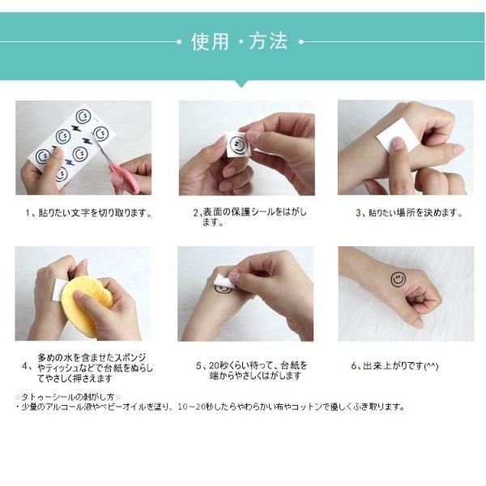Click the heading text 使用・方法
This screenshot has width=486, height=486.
239,41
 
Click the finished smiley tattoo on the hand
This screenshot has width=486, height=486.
398,279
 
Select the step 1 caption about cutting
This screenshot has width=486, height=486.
89,213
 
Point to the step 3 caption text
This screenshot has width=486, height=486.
409,213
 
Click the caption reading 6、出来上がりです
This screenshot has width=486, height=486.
394,366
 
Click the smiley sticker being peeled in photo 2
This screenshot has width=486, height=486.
239,145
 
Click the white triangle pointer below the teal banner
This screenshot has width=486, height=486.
241,84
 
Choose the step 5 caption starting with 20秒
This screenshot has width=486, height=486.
252,371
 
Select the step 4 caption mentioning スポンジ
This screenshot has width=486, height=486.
87,368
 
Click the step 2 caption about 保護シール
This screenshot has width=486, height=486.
249,217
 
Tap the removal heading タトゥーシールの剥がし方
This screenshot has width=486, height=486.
68,397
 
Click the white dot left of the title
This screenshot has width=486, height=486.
179,41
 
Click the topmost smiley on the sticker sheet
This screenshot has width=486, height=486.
83,117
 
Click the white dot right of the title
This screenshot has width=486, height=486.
301,41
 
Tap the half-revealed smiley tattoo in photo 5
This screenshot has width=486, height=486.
223,290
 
